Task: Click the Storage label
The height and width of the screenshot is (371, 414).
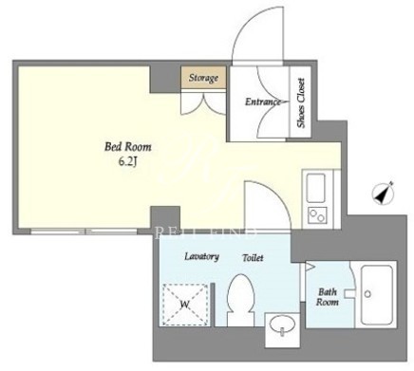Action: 203,78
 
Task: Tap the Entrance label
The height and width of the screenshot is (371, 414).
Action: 263,102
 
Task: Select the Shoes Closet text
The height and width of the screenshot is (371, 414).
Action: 301,102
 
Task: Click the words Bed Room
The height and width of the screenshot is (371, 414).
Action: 128,147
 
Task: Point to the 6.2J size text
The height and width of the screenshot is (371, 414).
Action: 128,161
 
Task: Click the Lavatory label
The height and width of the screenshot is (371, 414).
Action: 201,256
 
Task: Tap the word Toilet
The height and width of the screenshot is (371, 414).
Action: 253,257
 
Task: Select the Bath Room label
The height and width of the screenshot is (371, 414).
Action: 328,297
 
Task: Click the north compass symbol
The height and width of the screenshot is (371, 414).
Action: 384,193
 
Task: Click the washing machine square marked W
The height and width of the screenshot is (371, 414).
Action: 185,305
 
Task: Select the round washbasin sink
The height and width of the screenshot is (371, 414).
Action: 283,325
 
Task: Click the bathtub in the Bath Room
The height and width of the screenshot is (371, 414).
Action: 377,294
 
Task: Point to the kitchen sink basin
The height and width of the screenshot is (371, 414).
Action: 316,189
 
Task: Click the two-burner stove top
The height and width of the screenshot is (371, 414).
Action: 317,215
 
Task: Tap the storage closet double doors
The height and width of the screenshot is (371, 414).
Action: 203,102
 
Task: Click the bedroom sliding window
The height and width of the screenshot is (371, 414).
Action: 84,232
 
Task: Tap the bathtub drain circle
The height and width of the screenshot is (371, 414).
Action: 367,294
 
